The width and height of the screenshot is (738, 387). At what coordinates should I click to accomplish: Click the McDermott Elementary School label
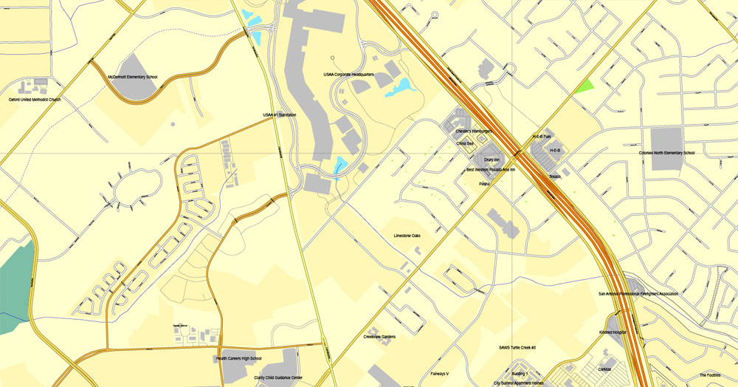click(x=133, y=77)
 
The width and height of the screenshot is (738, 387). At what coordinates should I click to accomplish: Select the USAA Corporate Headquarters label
click(x=349, y=75)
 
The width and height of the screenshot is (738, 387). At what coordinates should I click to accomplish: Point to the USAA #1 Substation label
click(x=280, y=115)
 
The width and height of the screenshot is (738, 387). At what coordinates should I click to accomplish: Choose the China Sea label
click(x=465, y=143)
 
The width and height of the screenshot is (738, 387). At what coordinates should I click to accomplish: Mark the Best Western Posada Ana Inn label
click(x=491, y=169)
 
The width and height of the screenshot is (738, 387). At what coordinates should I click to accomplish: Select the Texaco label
click(x=555, y=177)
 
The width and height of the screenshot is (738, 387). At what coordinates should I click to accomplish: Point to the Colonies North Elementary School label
click(x=666, y=153)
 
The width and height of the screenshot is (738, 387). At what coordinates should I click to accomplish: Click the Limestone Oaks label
click(x=407, y=236)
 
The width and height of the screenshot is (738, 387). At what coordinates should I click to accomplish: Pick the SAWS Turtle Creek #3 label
click(x=517, y=347)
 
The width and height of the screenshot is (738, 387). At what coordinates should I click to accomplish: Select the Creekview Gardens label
click(x=379, y=337)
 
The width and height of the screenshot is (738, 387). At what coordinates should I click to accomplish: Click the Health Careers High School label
click(x=238, y=358)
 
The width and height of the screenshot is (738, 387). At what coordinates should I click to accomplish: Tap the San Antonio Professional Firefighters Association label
click(x=638, y=293)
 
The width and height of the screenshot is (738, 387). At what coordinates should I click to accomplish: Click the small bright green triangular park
click(x=586, y=86)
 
